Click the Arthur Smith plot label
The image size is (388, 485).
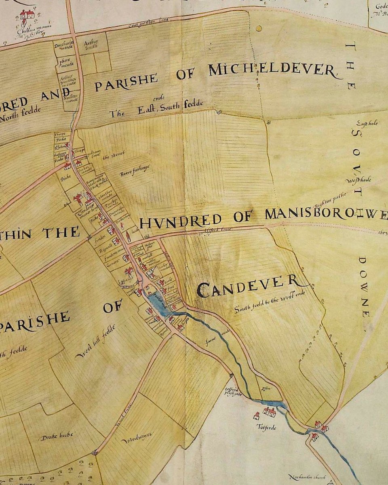coord(91,44)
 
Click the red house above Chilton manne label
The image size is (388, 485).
coord(27,15)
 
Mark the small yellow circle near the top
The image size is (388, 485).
coord(259,29)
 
